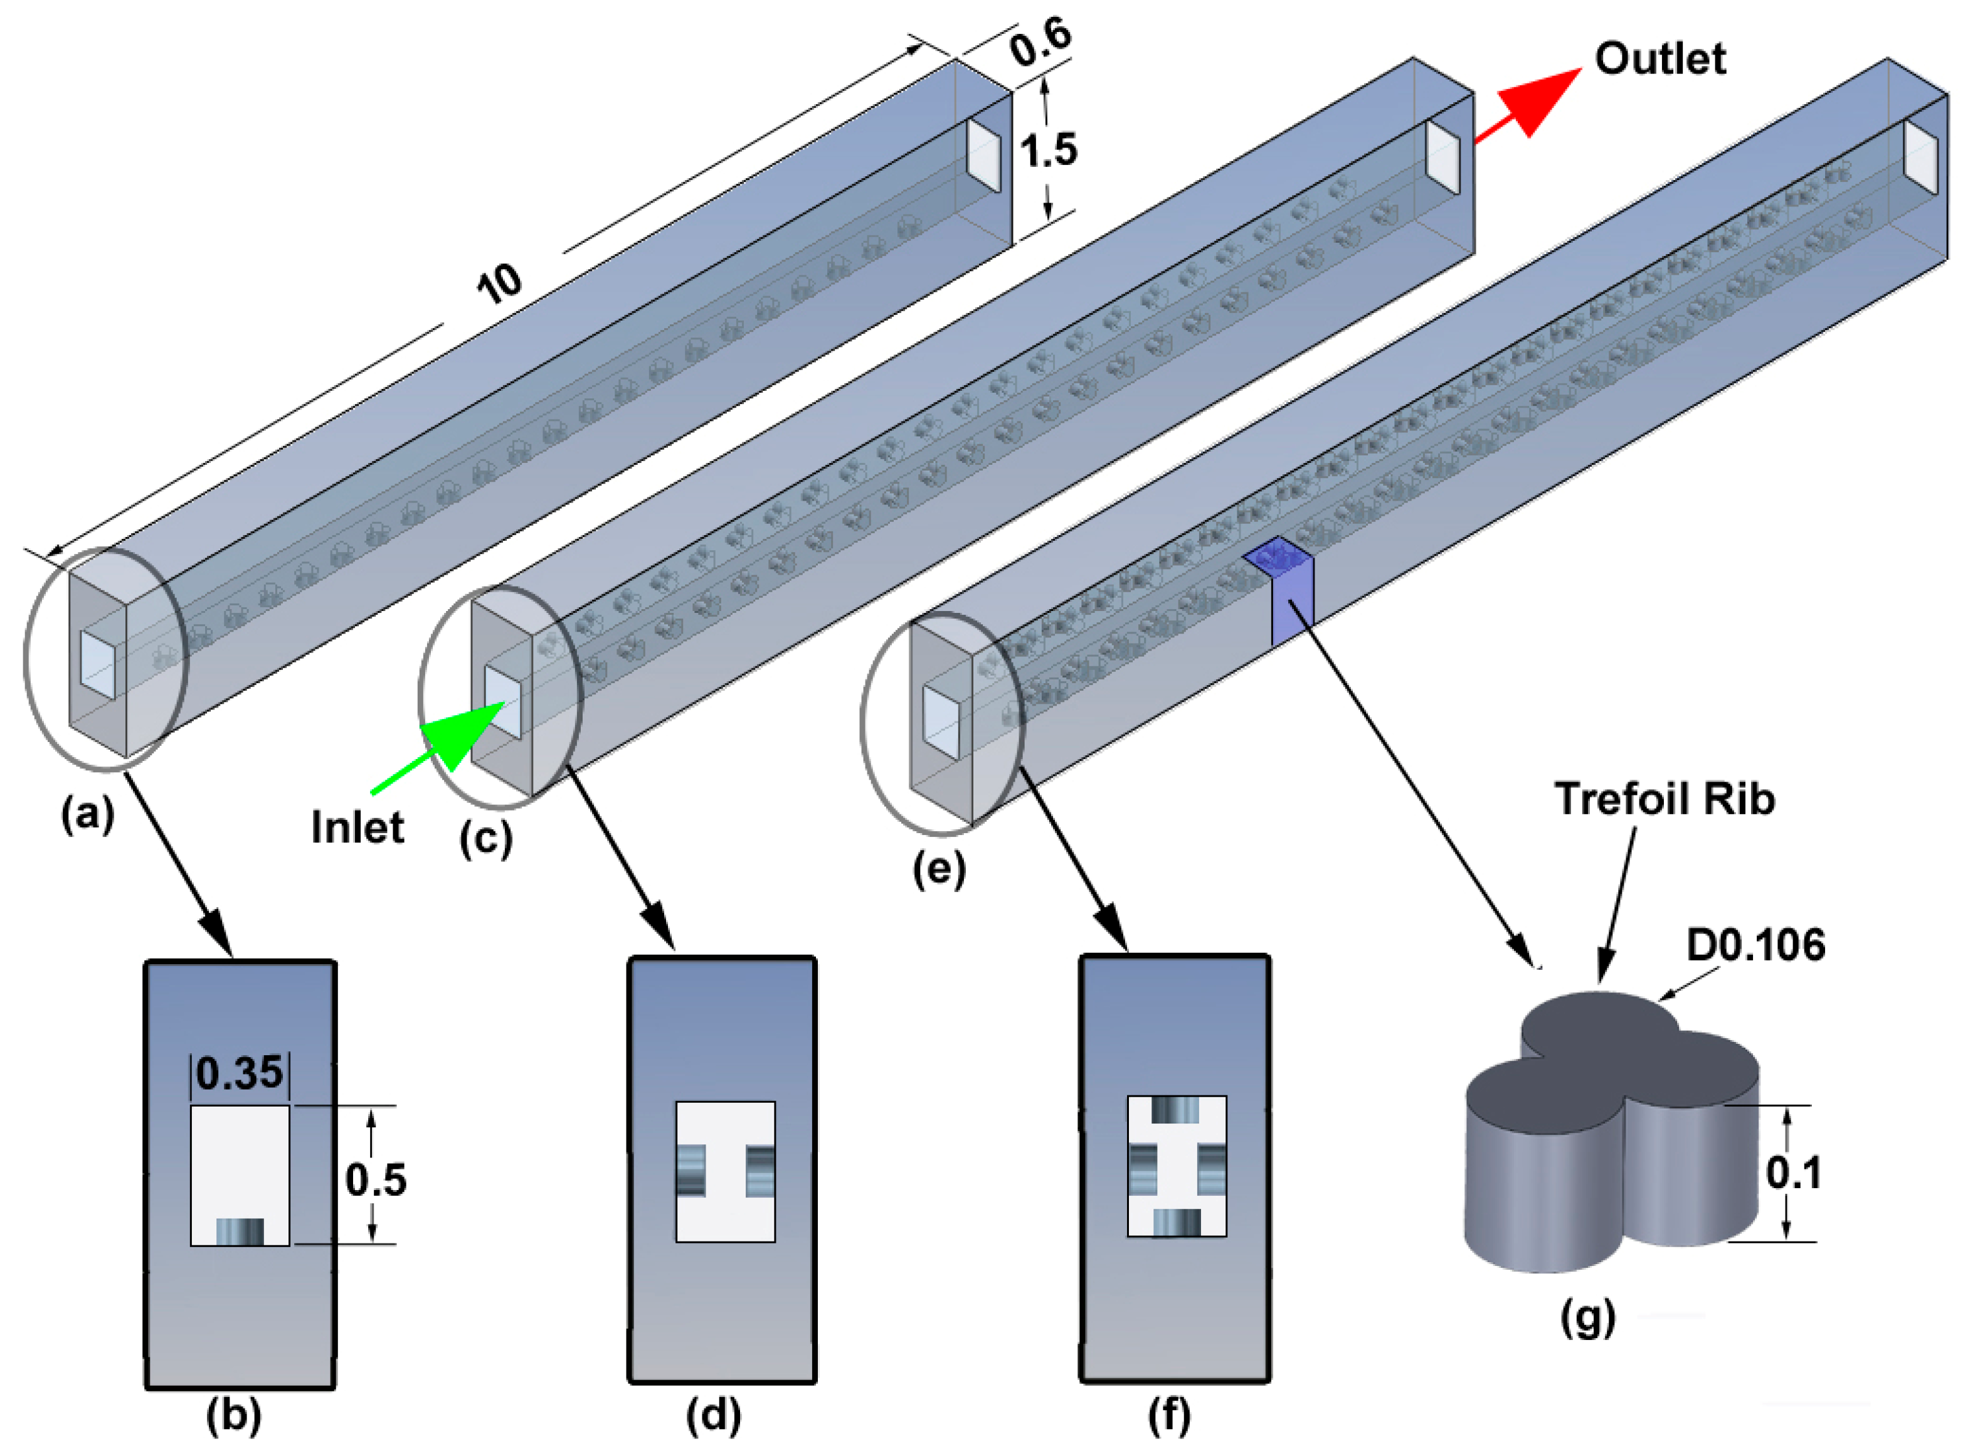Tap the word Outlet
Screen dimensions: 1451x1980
[x=1659, y=60]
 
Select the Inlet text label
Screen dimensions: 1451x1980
[x=357, y=827]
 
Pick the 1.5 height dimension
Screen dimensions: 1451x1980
[x=1049, y=150]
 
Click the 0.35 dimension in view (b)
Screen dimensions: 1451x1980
[x=240, y=1073]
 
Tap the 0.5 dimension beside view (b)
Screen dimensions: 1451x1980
[x=376, y=1179]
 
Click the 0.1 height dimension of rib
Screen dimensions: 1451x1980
[x=1793, y=1172]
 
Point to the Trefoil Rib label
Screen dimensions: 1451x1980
[x=1664, y=799]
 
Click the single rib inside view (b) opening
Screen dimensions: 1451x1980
[x=240, y=1231]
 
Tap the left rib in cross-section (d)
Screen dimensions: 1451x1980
[x=690, y=1170]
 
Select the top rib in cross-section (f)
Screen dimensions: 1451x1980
[x=1176, y=1111]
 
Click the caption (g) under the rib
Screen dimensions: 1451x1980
[x=1587, y=1317]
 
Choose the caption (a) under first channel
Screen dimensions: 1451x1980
[x=87, y=814]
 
